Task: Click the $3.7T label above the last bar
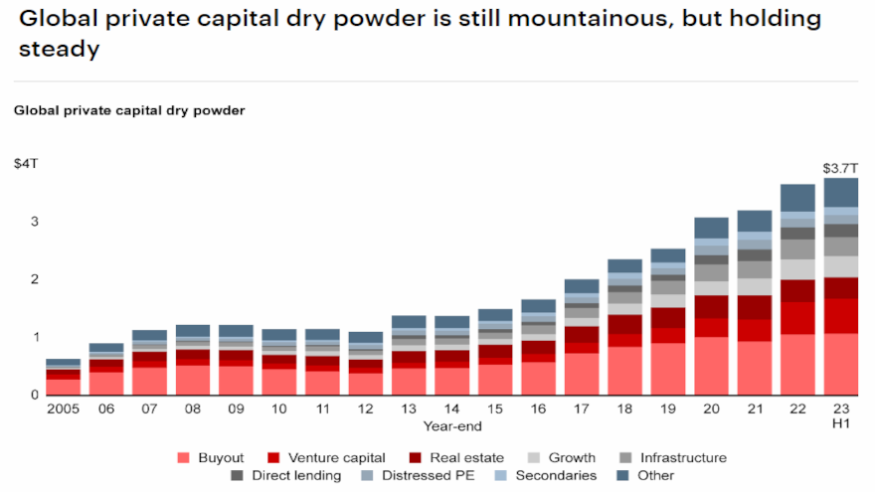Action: coord(839,169)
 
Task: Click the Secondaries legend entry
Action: coord(551,476)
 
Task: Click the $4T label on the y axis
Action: coord(27,162)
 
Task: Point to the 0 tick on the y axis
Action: coord(35,395)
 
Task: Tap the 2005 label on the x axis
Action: coord(64,410)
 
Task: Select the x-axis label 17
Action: coord(582,410)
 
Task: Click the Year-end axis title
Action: coord(452,426)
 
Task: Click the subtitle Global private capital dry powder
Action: coord(129,110)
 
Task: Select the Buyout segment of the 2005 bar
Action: coord(64,387)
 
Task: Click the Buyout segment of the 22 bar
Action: coord(797,364)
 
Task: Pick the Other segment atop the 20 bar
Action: coord(711,228)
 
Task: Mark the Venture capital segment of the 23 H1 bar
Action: coord(840,316)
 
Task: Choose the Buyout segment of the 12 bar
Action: coord(366,384)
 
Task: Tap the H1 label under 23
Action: coord(840,426)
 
